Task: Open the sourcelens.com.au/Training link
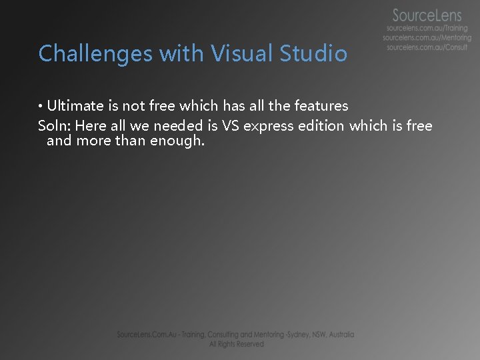coord(427,29)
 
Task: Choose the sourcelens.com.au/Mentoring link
coord(427,38)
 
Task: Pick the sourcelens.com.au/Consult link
coord(427,47)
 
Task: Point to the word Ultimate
coord(75,105)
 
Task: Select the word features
coord(321,105)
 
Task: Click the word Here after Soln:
coord(91,125)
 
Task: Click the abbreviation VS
coord(229,125)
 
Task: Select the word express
coord(269,125)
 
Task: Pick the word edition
coord(322,125)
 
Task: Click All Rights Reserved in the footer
coord(236,344)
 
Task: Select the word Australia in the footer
coord(339,335)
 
